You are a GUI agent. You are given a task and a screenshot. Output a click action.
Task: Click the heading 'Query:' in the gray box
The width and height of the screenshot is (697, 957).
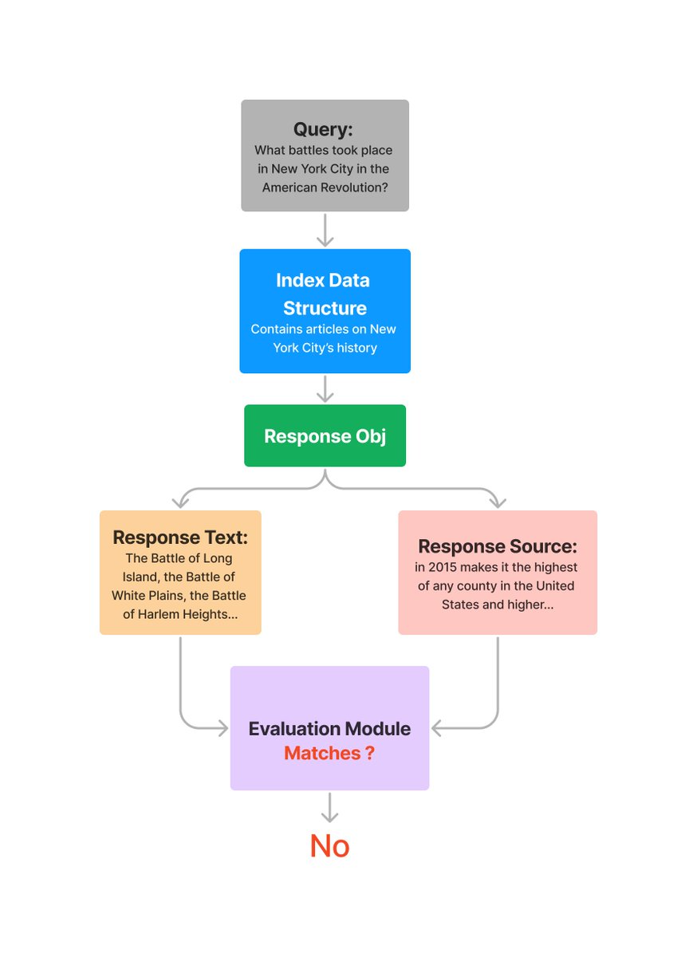pos(323,129)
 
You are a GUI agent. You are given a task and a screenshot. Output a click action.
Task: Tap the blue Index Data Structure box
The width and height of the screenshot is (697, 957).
pos(325,311)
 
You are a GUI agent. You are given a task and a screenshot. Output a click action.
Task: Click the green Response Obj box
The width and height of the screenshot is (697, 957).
pos(325,436)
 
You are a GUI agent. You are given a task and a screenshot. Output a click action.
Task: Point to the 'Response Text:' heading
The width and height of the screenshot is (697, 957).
pos(179,537)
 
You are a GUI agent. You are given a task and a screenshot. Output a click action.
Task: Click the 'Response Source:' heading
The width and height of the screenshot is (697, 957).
pos(497,546)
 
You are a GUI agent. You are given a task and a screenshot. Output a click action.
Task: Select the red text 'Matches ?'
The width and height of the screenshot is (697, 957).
pos(329,753)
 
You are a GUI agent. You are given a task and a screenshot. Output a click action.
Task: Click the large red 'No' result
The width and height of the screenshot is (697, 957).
pos(329,846)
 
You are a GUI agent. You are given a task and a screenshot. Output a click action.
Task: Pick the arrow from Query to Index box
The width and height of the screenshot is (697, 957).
pos(325,230)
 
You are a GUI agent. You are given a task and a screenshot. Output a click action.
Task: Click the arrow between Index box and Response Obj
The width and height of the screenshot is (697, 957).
pos(325,389)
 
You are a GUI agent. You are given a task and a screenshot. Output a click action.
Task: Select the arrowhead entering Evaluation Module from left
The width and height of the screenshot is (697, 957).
pos(223,727)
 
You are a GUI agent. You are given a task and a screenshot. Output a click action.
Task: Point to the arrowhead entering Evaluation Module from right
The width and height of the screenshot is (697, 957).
pos(437,727)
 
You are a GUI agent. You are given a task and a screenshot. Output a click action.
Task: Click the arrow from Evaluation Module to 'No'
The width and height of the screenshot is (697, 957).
pos(329,807)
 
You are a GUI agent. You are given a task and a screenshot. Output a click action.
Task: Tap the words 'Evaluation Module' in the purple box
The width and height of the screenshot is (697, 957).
pos(329,728)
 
